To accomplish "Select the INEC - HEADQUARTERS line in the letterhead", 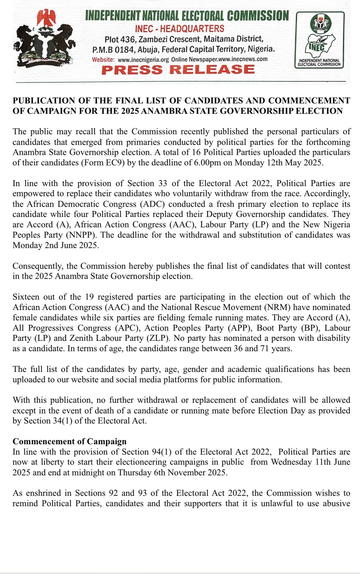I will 180,29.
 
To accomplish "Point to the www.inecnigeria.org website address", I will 143,59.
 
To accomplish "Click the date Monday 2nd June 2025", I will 56,245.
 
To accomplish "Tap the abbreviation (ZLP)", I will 158,338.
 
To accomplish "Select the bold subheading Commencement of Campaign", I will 70,441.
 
